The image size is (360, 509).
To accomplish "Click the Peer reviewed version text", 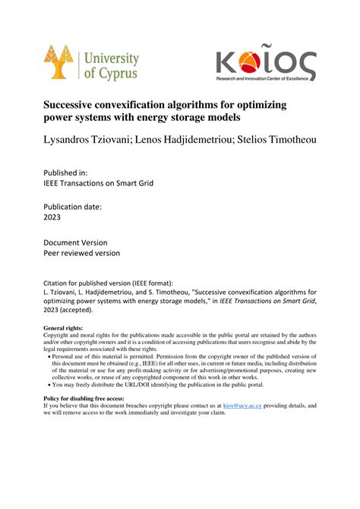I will pos(82,253).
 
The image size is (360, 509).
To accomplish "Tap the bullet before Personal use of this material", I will pos(50,356).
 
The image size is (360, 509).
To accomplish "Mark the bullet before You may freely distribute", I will pos(50,384).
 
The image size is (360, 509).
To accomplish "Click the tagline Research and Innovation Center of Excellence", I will pos(264,78).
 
